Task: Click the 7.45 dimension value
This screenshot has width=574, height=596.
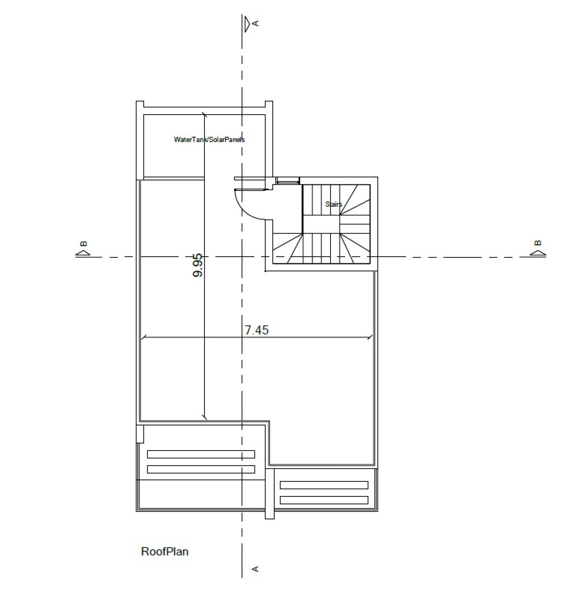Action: coord(256,330)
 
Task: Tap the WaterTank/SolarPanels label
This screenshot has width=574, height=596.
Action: coord(209,139)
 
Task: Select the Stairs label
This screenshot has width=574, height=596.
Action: coord(334,204)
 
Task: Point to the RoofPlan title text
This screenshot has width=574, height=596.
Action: coord(165,551)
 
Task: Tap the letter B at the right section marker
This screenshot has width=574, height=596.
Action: coord(538,243)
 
